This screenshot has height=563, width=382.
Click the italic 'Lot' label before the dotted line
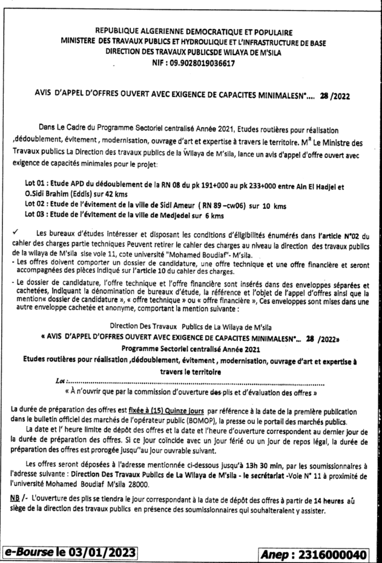(60, 381)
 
